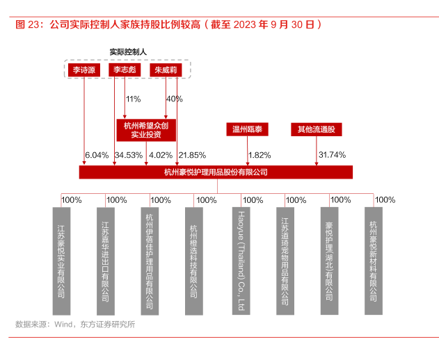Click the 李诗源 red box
click(x=84, y=70)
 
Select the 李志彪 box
click(x=125, y=70)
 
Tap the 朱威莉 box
click(x=166, y=70)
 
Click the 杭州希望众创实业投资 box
click(x=146, y=130)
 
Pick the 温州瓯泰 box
click(x=247, y=129)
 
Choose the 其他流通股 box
click(x=317, y=129)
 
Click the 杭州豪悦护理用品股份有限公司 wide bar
click(x=216, y=172)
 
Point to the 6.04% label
click(x=97, y=155)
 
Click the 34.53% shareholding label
click(x=129, y=155)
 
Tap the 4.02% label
click(x=161, y=155)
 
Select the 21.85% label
click(x=192, y=155)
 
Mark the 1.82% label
click(x=260, y=155)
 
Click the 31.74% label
click(x=333, y=155)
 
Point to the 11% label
click(x=134, y=99)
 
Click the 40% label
click(x=175, y=99)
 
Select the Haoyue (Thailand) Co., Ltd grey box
click(x=241, y=261)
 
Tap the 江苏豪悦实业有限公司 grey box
click(x=61, y=261)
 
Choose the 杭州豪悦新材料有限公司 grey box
click(x=374, y=261)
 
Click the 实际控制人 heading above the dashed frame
click(x=128, y=52)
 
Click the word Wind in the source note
click(x=63, y=324)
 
